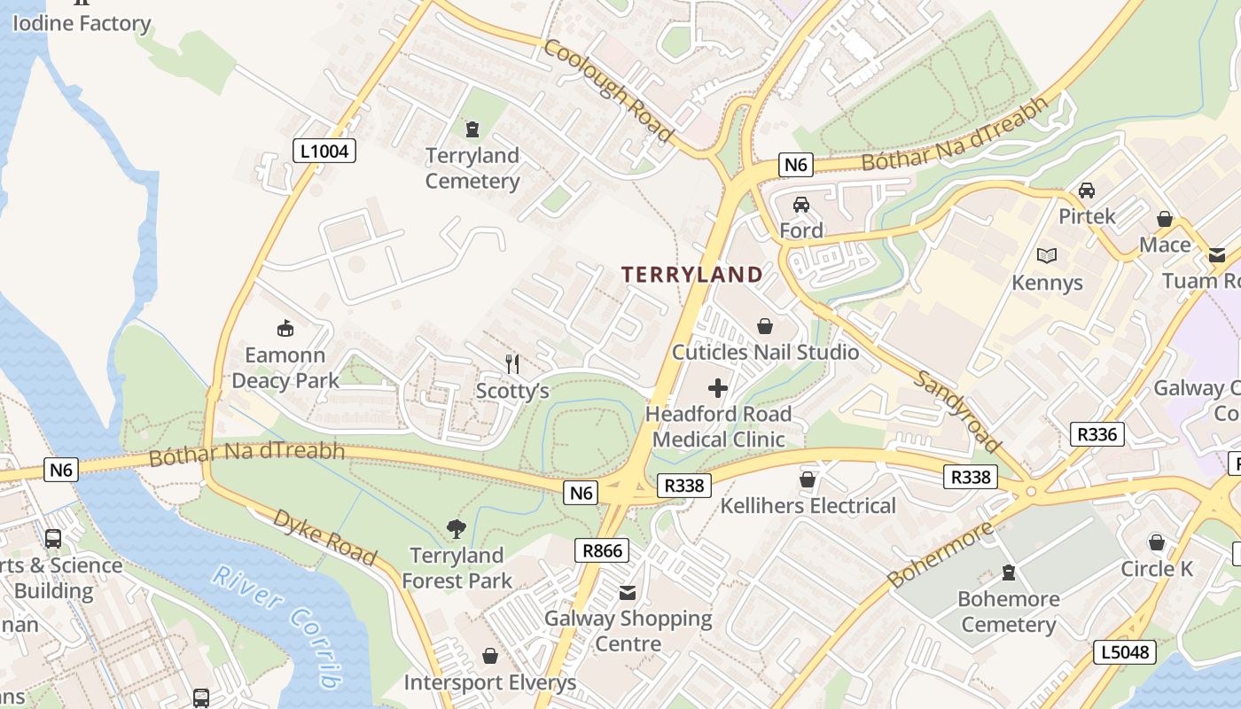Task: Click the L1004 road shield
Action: [x=324, y=152]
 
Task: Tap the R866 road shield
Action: [x=602, y=550]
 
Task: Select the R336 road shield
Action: [x=1098, y=434]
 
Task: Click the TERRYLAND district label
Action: [x=691, y=275]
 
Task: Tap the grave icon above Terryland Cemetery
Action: [x=472, y=129]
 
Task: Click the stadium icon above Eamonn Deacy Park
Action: [x=285, y=329]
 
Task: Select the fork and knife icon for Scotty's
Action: [x=512, y=363]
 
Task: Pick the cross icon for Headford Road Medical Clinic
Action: [x=718, y=388]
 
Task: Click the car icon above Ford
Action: [x=801, y=205]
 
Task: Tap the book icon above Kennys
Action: [x=1047, y=256]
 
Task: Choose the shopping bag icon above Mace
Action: [x=1165, y=219]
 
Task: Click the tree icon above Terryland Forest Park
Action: [x=457, y=530]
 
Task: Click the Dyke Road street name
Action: [x=325, y=536]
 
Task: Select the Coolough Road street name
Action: [x=608, y=90]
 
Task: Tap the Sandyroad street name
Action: [x=957, y=411]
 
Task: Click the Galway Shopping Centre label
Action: [x=628, y=630]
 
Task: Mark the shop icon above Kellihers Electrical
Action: [x=808, y=480]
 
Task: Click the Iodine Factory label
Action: [x=82, y=23]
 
